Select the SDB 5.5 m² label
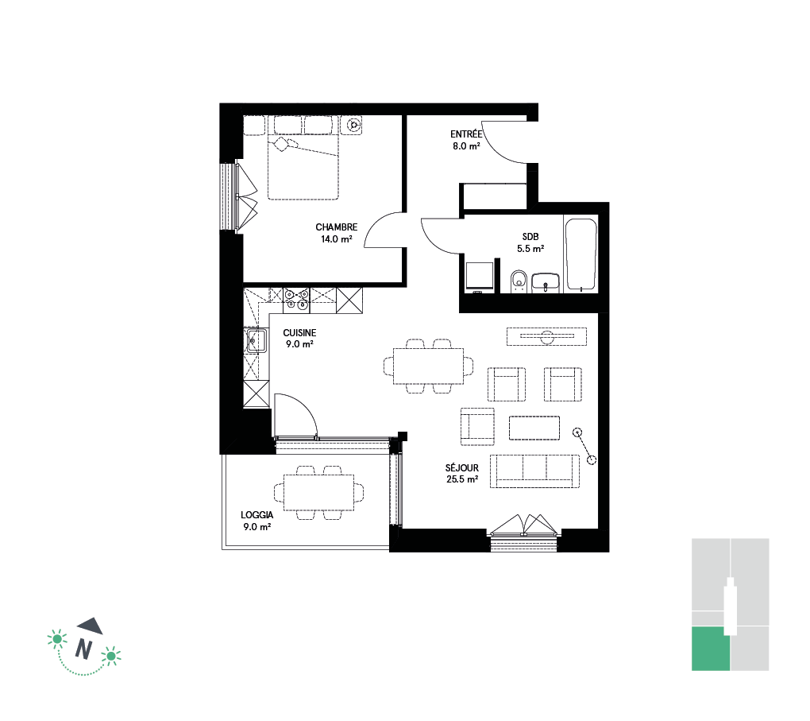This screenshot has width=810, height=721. point(530,242)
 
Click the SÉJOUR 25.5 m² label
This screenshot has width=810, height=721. point(462,473)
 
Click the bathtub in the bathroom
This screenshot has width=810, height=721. point(581,254)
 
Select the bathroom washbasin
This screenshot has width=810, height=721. point(546,283)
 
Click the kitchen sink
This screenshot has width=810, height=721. point(256,340)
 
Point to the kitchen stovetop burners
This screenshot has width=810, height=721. point(296,300)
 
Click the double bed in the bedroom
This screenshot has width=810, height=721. point(303,157)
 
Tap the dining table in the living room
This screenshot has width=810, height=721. point(428,366)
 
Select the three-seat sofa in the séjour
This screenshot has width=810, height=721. point(534,471)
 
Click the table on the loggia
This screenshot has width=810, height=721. point(318,492)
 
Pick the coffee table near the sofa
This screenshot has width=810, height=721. point(534,428)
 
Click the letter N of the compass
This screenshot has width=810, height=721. point(83,649)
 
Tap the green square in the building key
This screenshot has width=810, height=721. point(710,649)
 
